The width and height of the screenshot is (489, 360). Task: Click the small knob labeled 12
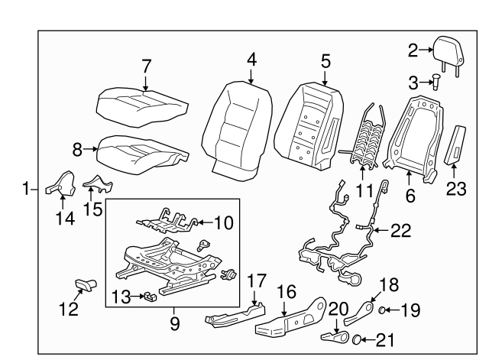point(84,285)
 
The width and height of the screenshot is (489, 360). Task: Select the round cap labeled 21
point(355,339)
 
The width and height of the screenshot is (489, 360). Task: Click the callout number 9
point(174,323)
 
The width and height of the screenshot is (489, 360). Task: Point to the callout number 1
point(28,188)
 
